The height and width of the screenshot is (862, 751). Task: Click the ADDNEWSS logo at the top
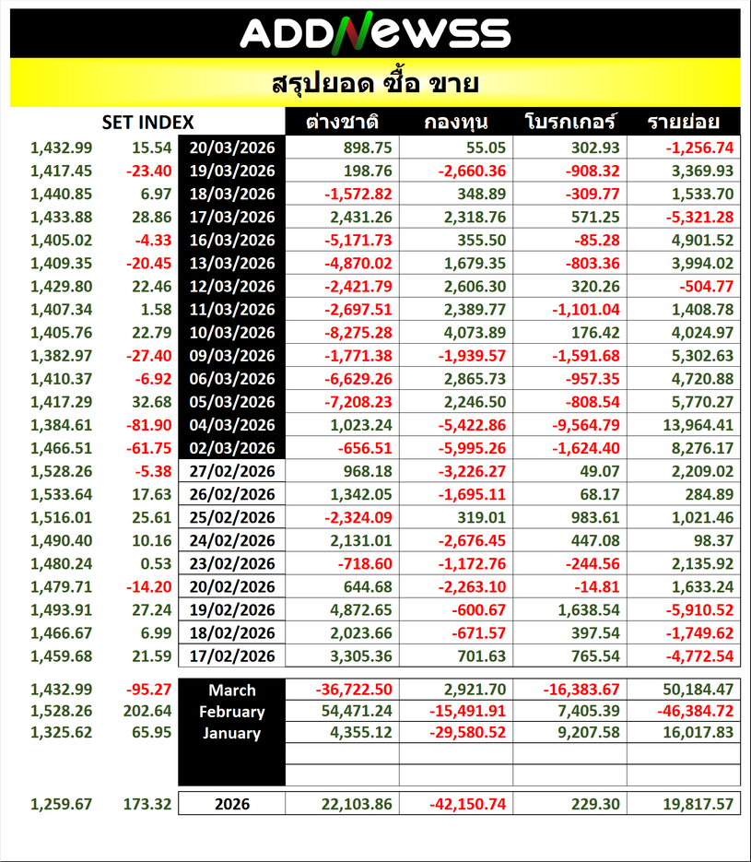[x=375, y=33]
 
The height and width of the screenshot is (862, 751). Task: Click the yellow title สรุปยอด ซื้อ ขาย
[x=375, y=84]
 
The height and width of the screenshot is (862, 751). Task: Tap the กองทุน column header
[x=456, y=123]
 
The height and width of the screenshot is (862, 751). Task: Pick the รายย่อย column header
[x=683, y=123]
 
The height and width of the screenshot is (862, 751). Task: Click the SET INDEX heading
[x=147, y=123]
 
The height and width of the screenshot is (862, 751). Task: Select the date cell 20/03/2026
[x=232, y=148]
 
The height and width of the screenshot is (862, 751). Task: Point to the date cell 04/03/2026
[x=232, y=425]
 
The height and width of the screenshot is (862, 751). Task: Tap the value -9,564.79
[x=584, y=425]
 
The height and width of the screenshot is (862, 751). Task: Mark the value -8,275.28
[x=357, y=332]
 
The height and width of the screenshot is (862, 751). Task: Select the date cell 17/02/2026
[x=232, y=656]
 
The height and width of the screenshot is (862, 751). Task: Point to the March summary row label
[x=232, y=691]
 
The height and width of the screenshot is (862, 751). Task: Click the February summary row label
[x=232, y=713]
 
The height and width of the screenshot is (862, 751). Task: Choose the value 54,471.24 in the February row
[x=354, y=713]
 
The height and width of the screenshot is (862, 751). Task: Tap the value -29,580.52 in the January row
[x=467, y=734]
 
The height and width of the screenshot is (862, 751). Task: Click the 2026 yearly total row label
[x=232, y=804]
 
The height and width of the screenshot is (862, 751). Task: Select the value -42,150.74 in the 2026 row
[x=467, y=804]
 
